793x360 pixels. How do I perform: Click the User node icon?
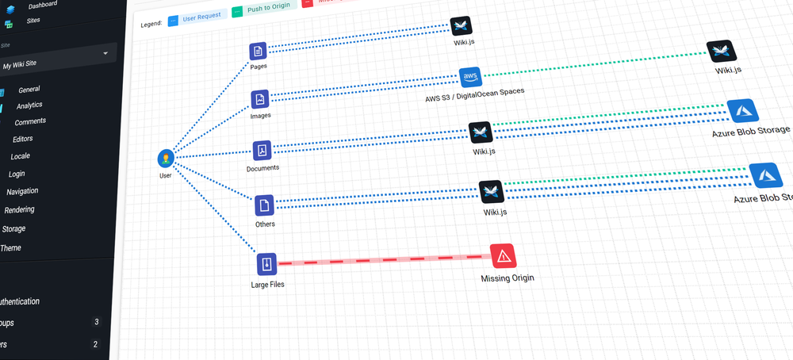(x=166, y=158)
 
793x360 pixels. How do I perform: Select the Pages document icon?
(x=258, y=52)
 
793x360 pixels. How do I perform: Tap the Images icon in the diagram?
(x=260, y=99)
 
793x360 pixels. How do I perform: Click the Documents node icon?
(x=262, y=151)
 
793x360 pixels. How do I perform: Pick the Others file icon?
(x=265, y=205)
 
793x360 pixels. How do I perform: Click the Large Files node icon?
(x=266, y=263)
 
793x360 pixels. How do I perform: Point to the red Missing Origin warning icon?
(x=504, y=255)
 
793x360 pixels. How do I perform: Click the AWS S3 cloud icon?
(x=470, y=77)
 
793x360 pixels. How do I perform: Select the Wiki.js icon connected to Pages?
(x=462, y=26)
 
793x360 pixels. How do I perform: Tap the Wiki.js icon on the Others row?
(x=491, y=192)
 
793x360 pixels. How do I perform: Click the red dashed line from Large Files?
(x=381, y=259)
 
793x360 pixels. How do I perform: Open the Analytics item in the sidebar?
(x=29, y=105)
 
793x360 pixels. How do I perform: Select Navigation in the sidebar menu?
(x=22, y=191)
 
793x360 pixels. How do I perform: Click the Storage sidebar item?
(x=13, y=228)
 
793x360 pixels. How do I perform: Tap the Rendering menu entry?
(x=19, y=210)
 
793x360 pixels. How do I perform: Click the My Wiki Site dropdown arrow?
(x=105, y=53)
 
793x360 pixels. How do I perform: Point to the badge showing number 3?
(x=96, y=322)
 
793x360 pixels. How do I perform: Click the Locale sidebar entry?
(x=20, y=156)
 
